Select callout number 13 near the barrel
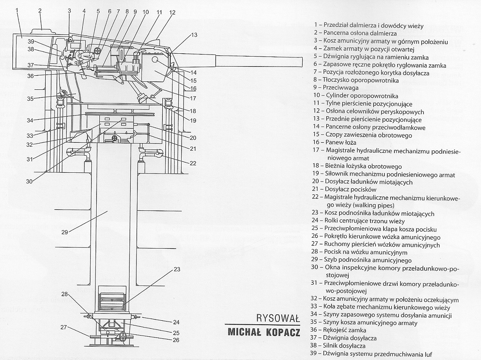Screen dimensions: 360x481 coord(194,35)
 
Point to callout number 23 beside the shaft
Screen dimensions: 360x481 coord(177,269)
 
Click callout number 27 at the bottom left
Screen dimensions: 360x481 coord(63,327)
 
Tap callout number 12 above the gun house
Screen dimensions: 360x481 coord(172,12)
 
